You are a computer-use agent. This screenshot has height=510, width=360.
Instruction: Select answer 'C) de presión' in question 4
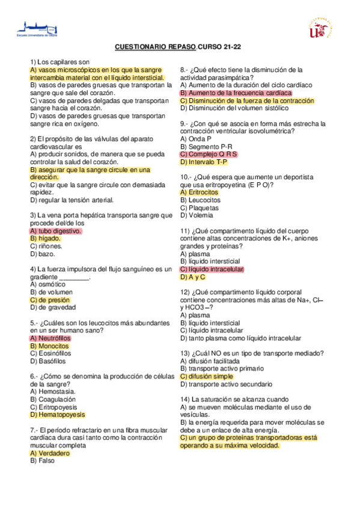tap(50, 300)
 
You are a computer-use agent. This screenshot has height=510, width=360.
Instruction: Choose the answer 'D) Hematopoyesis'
tap(57, 414)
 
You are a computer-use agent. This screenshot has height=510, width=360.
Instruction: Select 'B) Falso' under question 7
tap(43, 461)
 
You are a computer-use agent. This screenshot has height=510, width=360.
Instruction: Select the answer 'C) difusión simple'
tap(206, 376)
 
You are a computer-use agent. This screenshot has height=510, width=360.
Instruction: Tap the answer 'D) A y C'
tap(193, 277)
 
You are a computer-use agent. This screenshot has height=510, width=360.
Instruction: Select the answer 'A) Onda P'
tap(195, 138)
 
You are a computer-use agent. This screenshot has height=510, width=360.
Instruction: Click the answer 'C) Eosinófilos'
tap(50, 353)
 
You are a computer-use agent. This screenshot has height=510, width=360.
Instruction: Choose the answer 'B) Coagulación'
tap(53, 399)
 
